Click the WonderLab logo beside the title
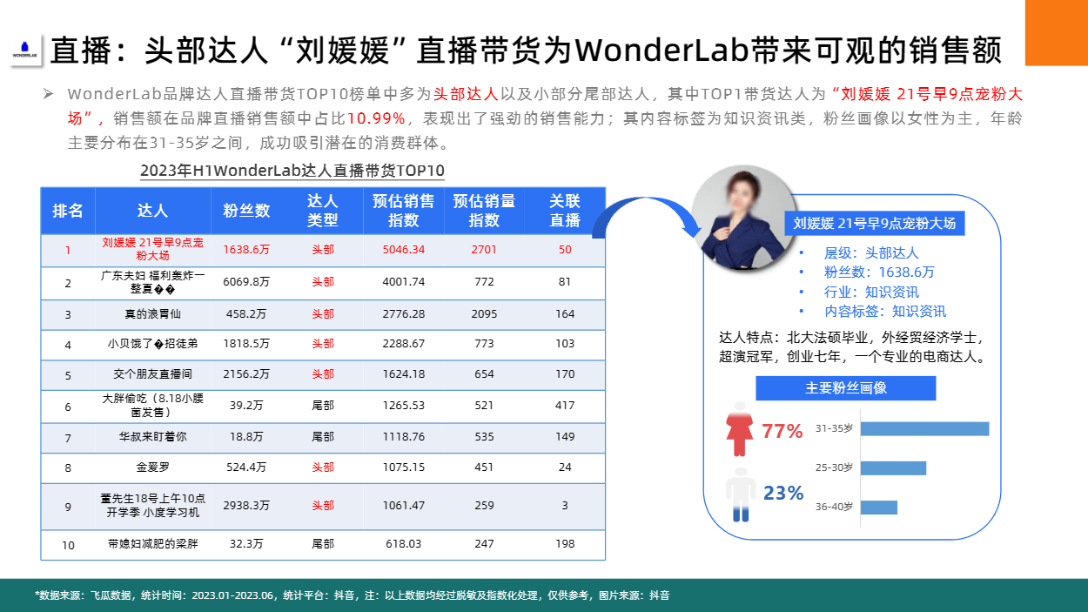pos(24,50)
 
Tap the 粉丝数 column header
pos(246,211)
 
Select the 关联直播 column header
pos(564,211)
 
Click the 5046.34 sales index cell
pos(403,250)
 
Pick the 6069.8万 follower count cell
pos(246,282)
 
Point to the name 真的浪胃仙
pos(152,314)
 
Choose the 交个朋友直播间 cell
pos(152,374)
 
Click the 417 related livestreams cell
pos(564,406)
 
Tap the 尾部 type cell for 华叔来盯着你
pos(323,437)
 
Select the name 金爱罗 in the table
pos(152,467)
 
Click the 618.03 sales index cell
pos(403,544)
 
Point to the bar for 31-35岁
pos(924,429)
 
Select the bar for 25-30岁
pos(893,468)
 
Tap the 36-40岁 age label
pos(834,507)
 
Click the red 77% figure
pos(782,431)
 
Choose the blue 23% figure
pos(783,493)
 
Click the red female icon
pos(739,430)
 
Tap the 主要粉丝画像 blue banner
pos(846,388)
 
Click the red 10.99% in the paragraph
pos(376,118)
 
